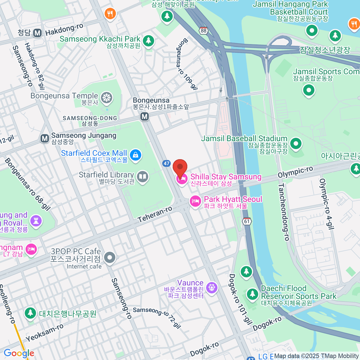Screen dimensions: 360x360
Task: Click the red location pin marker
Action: click(180, 167)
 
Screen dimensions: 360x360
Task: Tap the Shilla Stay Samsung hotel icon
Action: click(182, 179)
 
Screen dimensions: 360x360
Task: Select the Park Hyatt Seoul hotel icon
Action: click(195, 201)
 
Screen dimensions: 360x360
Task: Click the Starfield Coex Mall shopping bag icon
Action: click(136, 155)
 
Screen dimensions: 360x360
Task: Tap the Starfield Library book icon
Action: click(142, 177)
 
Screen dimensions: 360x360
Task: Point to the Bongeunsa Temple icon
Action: click(106, 98)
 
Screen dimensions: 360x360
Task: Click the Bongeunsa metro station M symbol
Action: click(145, 116)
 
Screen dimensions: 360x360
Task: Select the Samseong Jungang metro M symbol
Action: click(45, 138)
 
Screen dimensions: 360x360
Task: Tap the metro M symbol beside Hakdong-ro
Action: click(37, 33)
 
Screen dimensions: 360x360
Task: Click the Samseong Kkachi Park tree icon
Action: click(148, 41)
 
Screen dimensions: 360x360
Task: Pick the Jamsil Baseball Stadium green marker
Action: click(296, 143)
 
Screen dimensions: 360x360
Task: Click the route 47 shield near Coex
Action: click(166, 163)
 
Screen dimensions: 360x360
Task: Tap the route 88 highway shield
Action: click(204, 31)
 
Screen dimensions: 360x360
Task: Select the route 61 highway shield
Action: click(247, 221)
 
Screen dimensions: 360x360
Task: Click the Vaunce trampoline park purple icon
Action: click(212, 287)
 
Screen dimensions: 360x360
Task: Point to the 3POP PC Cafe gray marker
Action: click(110, 257)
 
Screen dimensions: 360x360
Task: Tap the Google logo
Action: click(19, 353)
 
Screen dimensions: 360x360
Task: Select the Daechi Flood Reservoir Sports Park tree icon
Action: click(252, 294)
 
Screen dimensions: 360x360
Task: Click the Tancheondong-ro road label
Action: click(283, 212)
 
